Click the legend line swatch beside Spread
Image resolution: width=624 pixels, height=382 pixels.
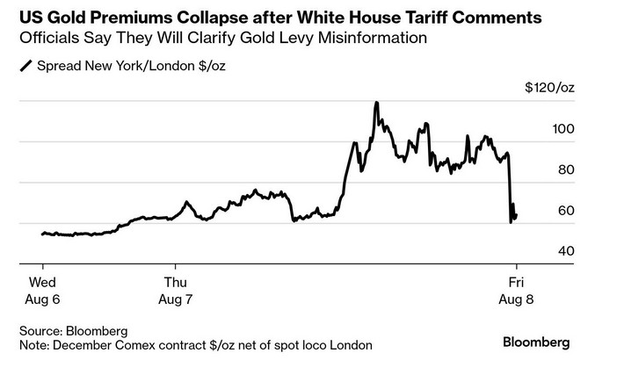25,67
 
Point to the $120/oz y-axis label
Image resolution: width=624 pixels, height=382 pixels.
549,89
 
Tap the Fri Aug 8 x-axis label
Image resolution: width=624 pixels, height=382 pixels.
517,291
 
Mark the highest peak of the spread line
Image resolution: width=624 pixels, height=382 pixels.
376,102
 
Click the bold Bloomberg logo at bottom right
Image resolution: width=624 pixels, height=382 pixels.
536,342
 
